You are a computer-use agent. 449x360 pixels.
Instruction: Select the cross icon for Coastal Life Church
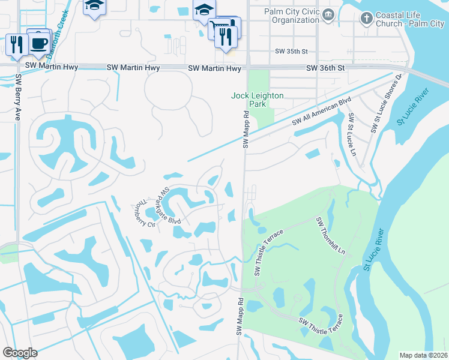(366, 19)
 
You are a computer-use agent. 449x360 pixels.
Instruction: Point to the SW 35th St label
(291, 52)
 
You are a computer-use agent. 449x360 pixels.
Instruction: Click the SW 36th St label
(326, 68)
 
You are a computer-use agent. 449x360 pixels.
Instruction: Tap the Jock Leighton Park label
(258, 100)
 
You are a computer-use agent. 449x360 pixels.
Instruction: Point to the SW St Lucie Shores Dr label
(385, 103)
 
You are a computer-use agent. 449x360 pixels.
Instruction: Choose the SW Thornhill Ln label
(331, 235)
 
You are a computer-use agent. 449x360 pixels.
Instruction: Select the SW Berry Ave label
(18, 97)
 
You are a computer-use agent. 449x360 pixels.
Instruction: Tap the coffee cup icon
(40, 43)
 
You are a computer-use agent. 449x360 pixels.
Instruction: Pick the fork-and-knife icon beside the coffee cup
(16, 43)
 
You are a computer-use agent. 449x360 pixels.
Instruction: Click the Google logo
(20, 352)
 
